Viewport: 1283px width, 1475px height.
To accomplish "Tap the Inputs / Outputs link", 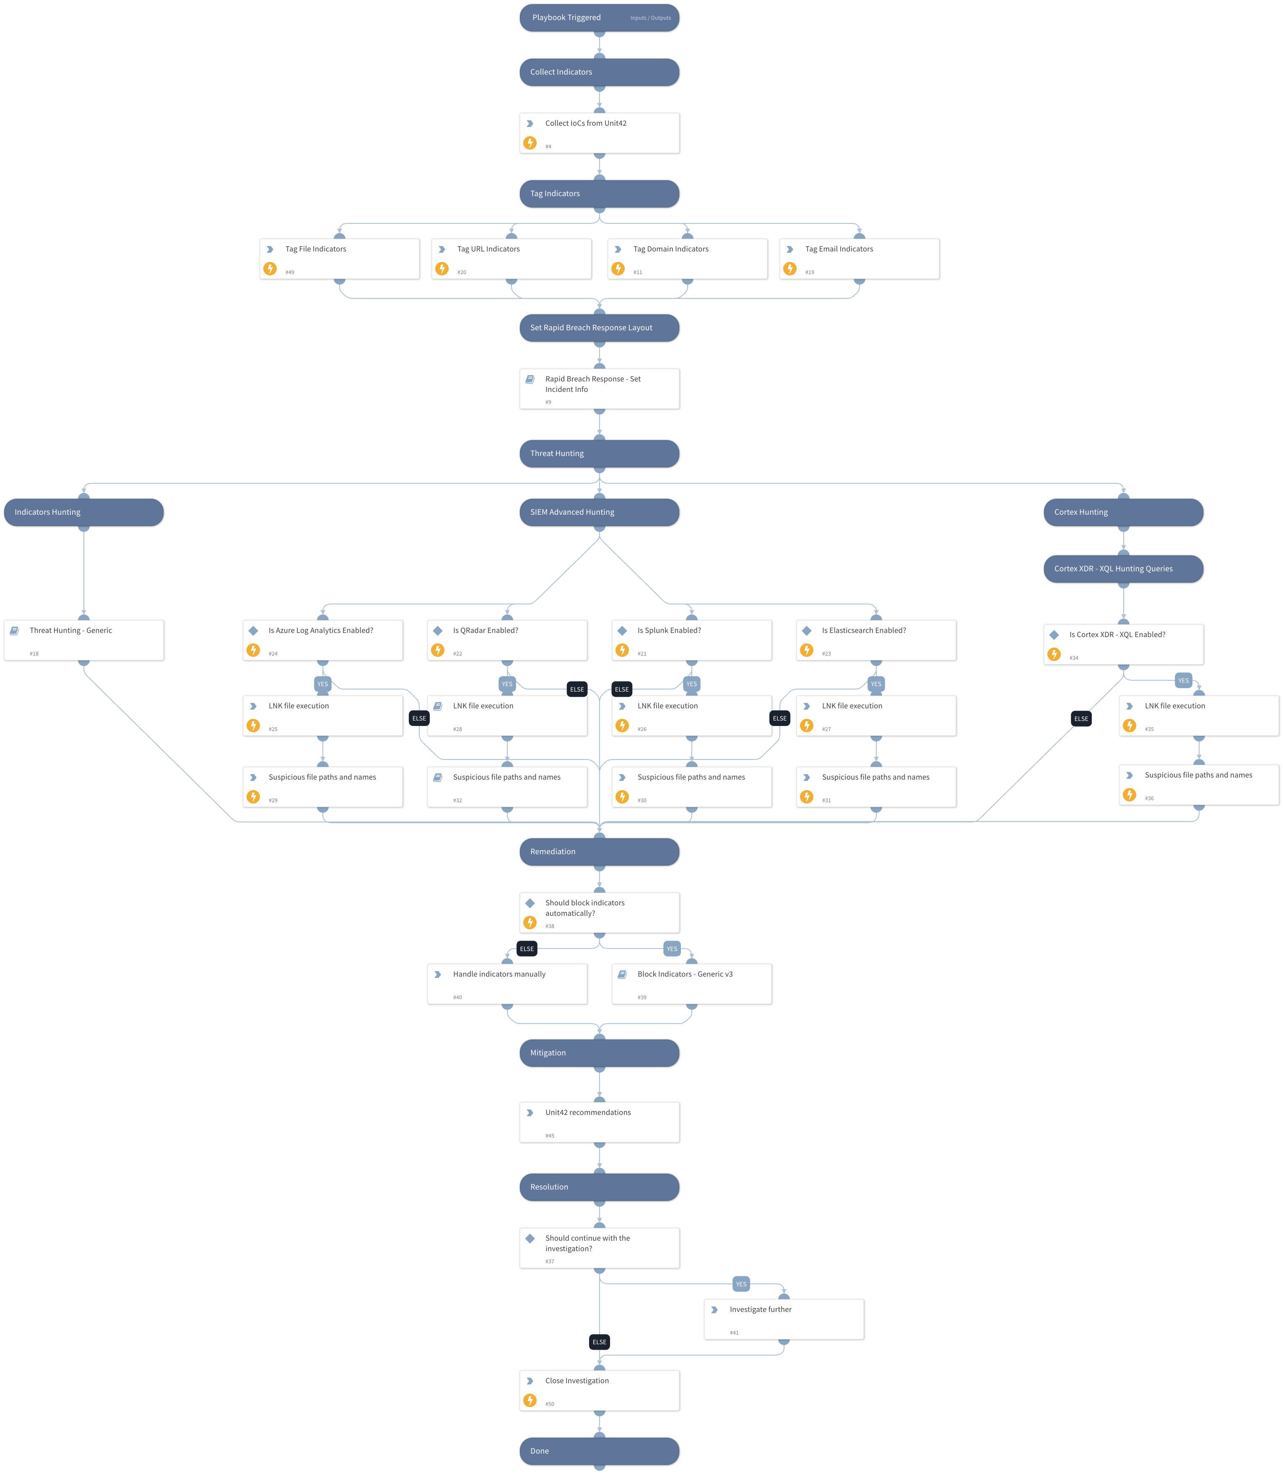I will click(650, 18).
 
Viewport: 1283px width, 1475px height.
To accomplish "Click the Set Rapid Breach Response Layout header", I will click(599, 328).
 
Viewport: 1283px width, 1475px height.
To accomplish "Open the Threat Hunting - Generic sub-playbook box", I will click(84, 640).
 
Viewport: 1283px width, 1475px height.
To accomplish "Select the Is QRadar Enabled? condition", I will click(507, 640).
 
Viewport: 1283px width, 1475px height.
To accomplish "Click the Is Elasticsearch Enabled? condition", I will click(875, 640).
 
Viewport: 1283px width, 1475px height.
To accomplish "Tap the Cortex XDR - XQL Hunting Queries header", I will click(1123, 569).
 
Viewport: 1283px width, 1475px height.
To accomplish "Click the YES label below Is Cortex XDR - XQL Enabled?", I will click(1183, 681).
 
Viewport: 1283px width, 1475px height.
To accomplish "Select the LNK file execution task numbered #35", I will click(1199, 715).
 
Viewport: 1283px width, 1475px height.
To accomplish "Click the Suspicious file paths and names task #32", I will click(507, 786).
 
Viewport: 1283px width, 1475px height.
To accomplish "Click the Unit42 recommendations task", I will click(599, 1122).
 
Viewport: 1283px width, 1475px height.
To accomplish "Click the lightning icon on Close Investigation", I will click(530, 1400).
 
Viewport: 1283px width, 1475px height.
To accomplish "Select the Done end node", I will click(599, 1451).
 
